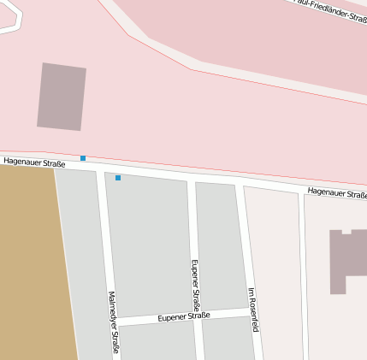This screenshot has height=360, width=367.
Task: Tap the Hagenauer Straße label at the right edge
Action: click(337, 193)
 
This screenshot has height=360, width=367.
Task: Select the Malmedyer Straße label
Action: click(113, 322)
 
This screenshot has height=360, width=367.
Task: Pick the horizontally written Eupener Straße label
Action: click(184, 316)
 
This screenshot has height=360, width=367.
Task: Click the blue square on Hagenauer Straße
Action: click(83, 158)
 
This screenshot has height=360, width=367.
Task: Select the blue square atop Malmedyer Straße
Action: click(118, 178)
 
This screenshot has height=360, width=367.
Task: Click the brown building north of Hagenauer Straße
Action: click(62, 97)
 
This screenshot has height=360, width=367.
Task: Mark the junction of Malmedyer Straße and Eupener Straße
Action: click(114, 322)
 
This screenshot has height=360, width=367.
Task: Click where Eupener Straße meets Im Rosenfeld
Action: click(248, 310)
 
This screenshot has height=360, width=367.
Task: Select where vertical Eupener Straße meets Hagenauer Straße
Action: click(191, 179)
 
